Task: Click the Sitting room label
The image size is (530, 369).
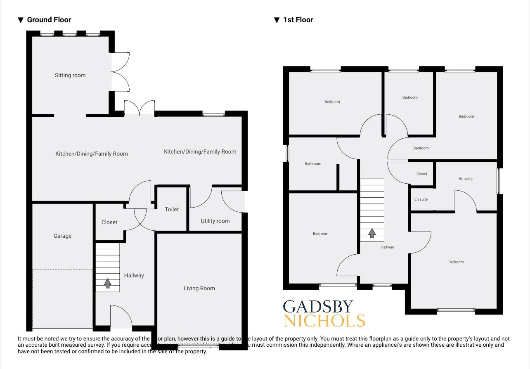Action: (x=70, y=75)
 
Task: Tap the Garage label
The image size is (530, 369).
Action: (x=62, y=236)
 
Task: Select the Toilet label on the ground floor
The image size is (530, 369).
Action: (x=172, y=209)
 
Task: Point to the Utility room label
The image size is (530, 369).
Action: (x=215, y=221)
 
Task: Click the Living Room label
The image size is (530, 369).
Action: (x=199, y=288)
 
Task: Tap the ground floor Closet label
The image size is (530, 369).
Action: (x=109, y=222)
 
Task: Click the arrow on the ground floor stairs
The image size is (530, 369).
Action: (x=108, y=284)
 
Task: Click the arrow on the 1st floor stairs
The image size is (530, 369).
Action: (x=372, y=233)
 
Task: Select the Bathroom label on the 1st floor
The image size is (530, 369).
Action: (x=313, y=164)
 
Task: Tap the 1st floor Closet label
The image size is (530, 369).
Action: (x=422, y=174)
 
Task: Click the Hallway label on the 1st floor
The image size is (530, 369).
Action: (x=387, y=247)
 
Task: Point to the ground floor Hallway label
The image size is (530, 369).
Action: (x=134, y=275)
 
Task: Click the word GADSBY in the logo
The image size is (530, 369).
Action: (x=318, y=307)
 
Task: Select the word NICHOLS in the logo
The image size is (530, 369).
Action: (x=324, y=321)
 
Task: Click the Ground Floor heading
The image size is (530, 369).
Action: (x=49, y=20)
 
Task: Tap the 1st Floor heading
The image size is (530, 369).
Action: (x=298, y=20)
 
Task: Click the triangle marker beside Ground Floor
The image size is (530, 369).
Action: (x=21, y=20)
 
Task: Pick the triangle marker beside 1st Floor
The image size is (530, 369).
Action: (x=277, y=20)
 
